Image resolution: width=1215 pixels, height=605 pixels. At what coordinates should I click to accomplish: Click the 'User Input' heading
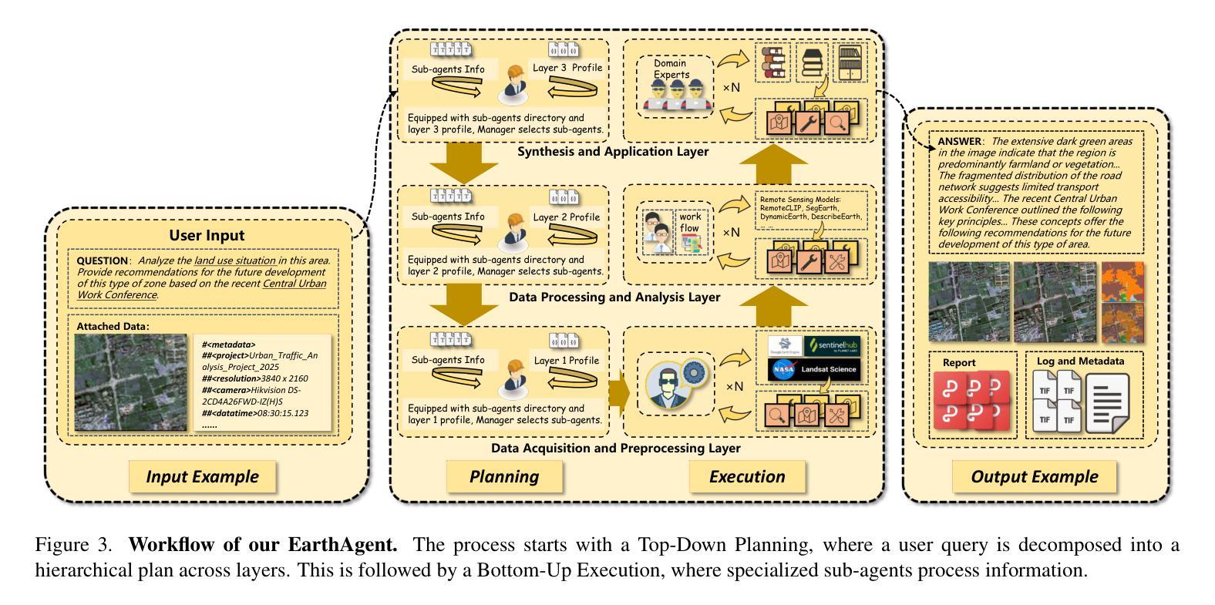click(207, 235)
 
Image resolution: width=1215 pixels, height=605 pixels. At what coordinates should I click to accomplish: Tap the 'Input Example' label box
click(202, 476)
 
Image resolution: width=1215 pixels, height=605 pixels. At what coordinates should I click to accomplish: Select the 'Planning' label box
click(504, 476)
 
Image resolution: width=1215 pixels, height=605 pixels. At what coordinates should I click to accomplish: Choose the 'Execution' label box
click(747, 476)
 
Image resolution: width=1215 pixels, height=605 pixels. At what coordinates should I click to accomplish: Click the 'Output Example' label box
click(1034, 476)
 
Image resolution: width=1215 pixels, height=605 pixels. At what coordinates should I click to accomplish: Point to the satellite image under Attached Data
click(131, 382)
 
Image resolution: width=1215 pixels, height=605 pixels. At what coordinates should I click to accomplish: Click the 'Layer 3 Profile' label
click(567, 68)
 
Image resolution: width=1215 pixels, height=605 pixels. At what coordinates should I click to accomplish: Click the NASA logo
click(783, 370)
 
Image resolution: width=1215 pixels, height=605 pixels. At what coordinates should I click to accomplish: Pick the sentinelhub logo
click(831, 346)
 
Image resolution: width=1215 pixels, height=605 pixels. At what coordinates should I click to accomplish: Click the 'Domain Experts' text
click(671, 69)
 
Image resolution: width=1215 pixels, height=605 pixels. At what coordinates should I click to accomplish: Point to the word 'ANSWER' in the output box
click(959, 142)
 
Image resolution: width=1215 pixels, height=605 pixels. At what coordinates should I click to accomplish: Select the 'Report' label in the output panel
click(959, 362)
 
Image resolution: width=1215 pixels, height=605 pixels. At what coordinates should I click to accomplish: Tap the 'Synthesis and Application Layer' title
click(612, 152)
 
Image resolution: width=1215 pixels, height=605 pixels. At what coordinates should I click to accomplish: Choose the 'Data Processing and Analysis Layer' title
click(614, 297)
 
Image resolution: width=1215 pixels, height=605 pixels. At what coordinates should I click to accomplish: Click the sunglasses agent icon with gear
click(672, 383)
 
